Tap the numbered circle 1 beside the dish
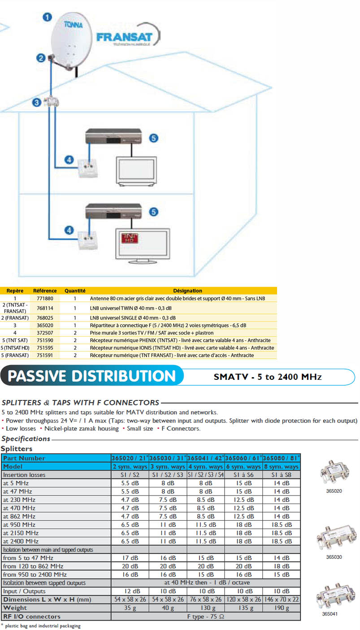coord(46,17)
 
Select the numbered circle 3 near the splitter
coord(37,103)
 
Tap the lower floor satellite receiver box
coord(113,211)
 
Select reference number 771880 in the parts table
coord(44,298)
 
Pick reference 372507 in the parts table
coord(44,333)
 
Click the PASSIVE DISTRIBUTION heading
coord(91,376)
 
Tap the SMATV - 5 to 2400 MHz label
coord(268,377)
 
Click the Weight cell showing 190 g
coord(281,608)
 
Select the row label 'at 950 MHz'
coord(19,525)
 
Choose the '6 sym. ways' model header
coord(243,466)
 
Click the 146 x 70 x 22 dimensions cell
coord(281,600)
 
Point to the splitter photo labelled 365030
coord(333,538)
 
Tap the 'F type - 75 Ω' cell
coord(205,616)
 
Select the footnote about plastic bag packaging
coord(42,626)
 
